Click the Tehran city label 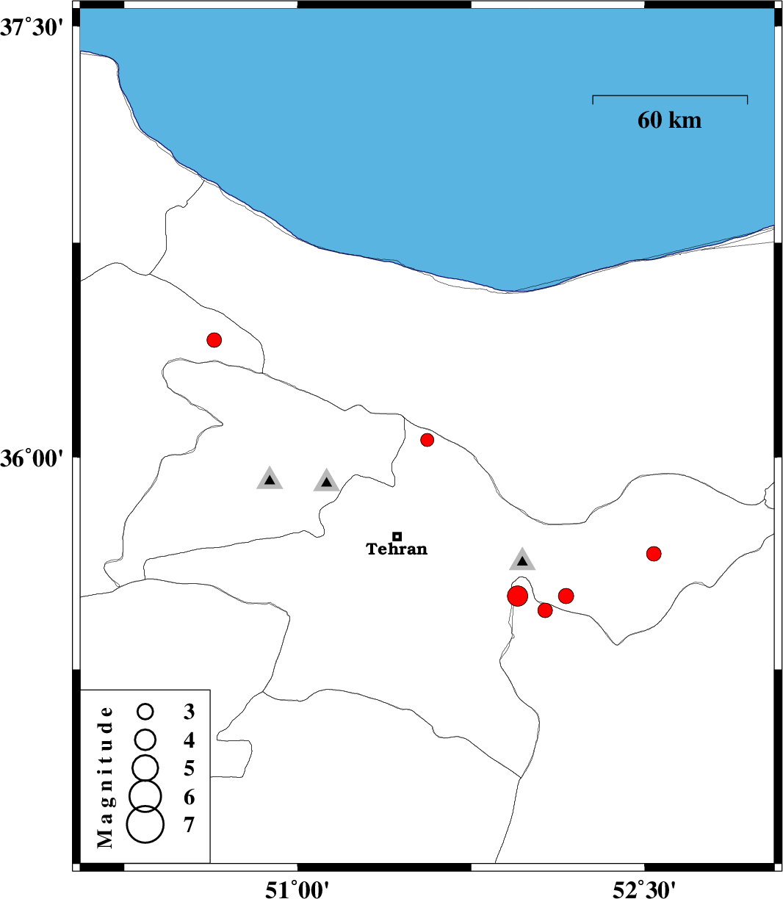click(397, 549)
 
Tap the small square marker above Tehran click(397, 536)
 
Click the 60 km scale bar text click(669, 120)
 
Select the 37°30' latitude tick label click(32, 28)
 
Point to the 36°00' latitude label click(32, 460)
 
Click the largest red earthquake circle click(517, 596)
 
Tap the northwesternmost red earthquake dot click(214, 339)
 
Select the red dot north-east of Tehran click(427, 439)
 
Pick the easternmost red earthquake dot click(654, 554)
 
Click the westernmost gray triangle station click(270, 479)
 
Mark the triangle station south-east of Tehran click(522, 560)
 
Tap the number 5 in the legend click(189, 768)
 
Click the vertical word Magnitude click(105, 777)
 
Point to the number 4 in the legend click(189, 740)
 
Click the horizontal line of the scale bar click(670, 95)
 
